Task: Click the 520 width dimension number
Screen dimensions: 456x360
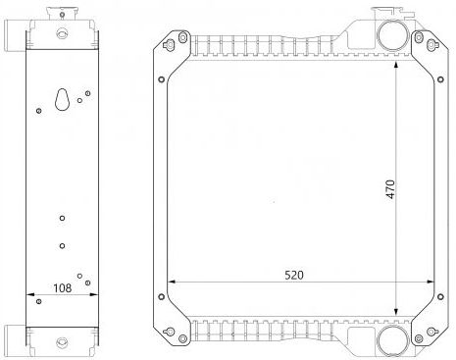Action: (294, 276)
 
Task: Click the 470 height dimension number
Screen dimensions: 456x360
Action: (390, 189)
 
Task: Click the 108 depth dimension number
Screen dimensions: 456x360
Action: (62, 288)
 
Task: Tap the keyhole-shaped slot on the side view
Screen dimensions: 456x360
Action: (62, 99)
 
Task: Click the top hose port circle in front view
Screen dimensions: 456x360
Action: (393, 34)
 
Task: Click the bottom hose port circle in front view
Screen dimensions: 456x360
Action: (392, 340)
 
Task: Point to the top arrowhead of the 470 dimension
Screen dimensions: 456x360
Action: (396, 65)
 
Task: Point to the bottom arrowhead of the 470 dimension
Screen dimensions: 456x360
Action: (396, 312)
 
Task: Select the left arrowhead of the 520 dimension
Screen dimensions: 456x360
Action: (172, 282)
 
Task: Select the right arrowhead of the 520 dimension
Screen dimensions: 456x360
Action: (430, 282)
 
